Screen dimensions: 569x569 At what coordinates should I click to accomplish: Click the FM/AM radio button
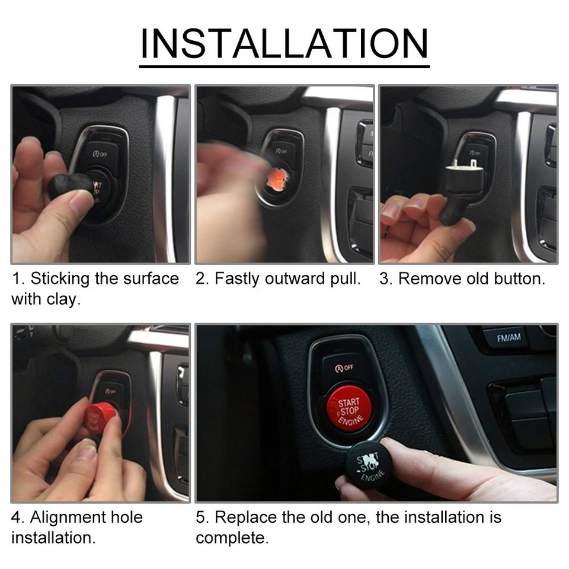[509, 338]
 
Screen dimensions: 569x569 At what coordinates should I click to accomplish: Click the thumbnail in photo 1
[80, 202]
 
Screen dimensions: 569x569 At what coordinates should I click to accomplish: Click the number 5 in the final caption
[201, 517]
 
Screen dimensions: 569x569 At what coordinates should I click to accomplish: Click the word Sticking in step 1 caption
[65, 279]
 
